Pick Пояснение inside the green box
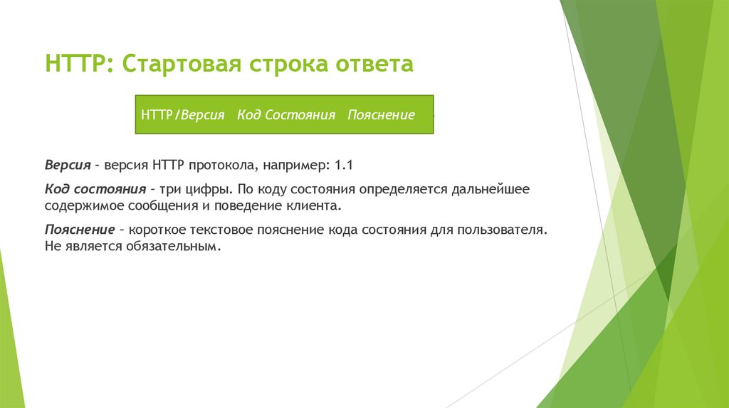pos(381,114)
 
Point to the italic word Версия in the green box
pos(202,114)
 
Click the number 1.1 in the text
pos(344,165)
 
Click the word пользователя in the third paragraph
pos(505,231)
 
